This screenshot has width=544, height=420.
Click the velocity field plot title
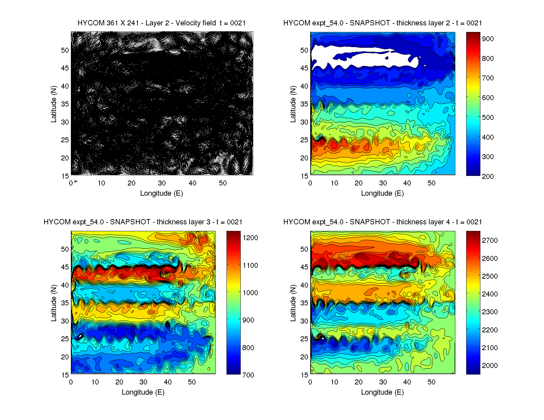click(x=162, y=23)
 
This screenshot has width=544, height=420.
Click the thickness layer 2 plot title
click(x=382, y=23)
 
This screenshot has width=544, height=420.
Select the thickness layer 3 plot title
click(x=143, y=222)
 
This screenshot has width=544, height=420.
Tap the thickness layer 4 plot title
click(x=382, y=222)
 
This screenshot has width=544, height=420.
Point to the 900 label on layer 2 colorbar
click(x=488, y=39)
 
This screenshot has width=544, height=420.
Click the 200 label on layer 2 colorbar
click(x=488, y=176)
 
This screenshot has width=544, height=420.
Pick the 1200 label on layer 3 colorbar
click(x=250, y=238)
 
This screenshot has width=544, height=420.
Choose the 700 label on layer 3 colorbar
click(x=248, y=375)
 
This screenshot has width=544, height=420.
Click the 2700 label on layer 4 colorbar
click(x=490, y=240)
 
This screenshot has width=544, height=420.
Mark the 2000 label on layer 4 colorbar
click(x=490, y=365)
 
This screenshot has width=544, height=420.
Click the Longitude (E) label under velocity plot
click(x=162, y=193)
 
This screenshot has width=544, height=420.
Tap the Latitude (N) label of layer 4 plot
click(x=293, y=303)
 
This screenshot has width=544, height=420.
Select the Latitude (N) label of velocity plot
click(x=53, y=104)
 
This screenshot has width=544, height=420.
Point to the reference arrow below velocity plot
click(x=76, y=181)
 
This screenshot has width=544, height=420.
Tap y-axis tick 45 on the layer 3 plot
click(x=65, y=267)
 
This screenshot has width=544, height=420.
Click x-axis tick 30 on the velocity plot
click(x=162, y=183)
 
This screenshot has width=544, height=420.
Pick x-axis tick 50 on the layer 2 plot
click(x=431, y=183)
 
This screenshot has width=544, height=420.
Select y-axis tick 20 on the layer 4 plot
click(x=304, y=357)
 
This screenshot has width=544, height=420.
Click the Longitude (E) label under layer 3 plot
click(x=143, y=392)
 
